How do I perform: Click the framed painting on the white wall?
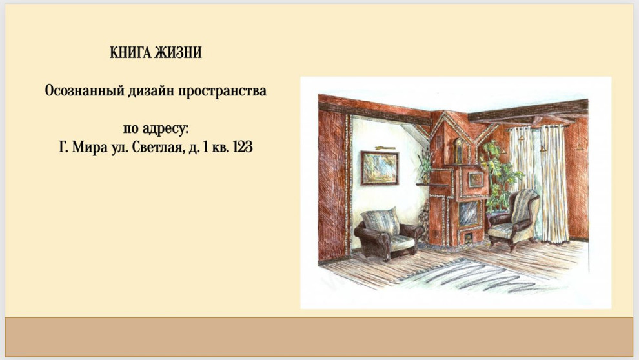tap(380, 168)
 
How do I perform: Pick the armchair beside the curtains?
tap(515, 218)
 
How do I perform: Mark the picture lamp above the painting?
tap(385, 148)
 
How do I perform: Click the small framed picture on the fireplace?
tap(475, 180)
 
